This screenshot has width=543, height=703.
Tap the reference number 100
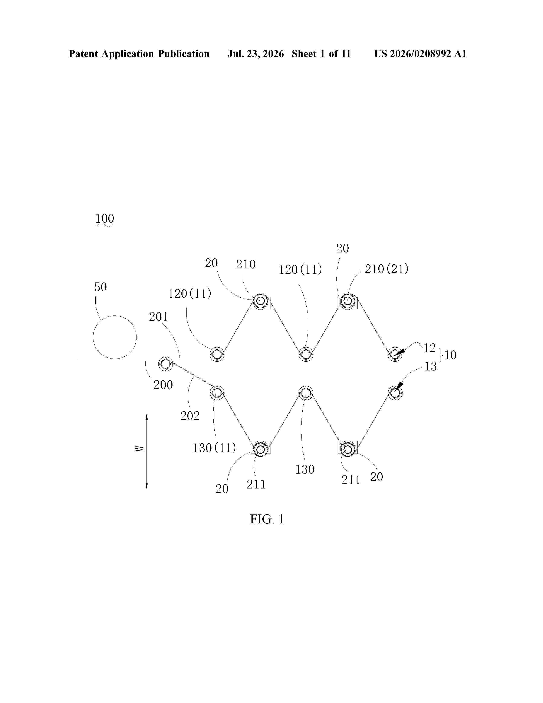point(105,219)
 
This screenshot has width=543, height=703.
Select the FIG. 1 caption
point(267,519)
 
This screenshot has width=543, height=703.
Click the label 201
point(158,317)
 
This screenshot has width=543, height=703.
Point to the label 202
point(190,416)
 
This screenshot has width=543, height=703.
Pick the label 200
point(163,385)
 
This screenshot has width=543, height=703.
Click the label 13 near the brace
point(431,366)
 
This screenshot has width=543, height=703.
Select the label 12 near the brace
point(430,348)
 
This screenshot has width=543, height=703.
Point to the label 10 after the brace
point(450,355)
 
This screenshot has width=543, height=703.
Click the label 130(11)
point(214,448)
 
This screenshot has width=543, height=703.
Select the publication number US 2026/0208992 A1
point(420,54)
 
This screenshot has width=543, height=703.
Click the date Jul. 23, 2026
point(256,54)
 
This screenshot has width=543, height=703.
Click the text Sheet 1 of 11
point(321,54)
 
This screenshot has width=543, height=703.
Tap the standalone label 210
point(246,264)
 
